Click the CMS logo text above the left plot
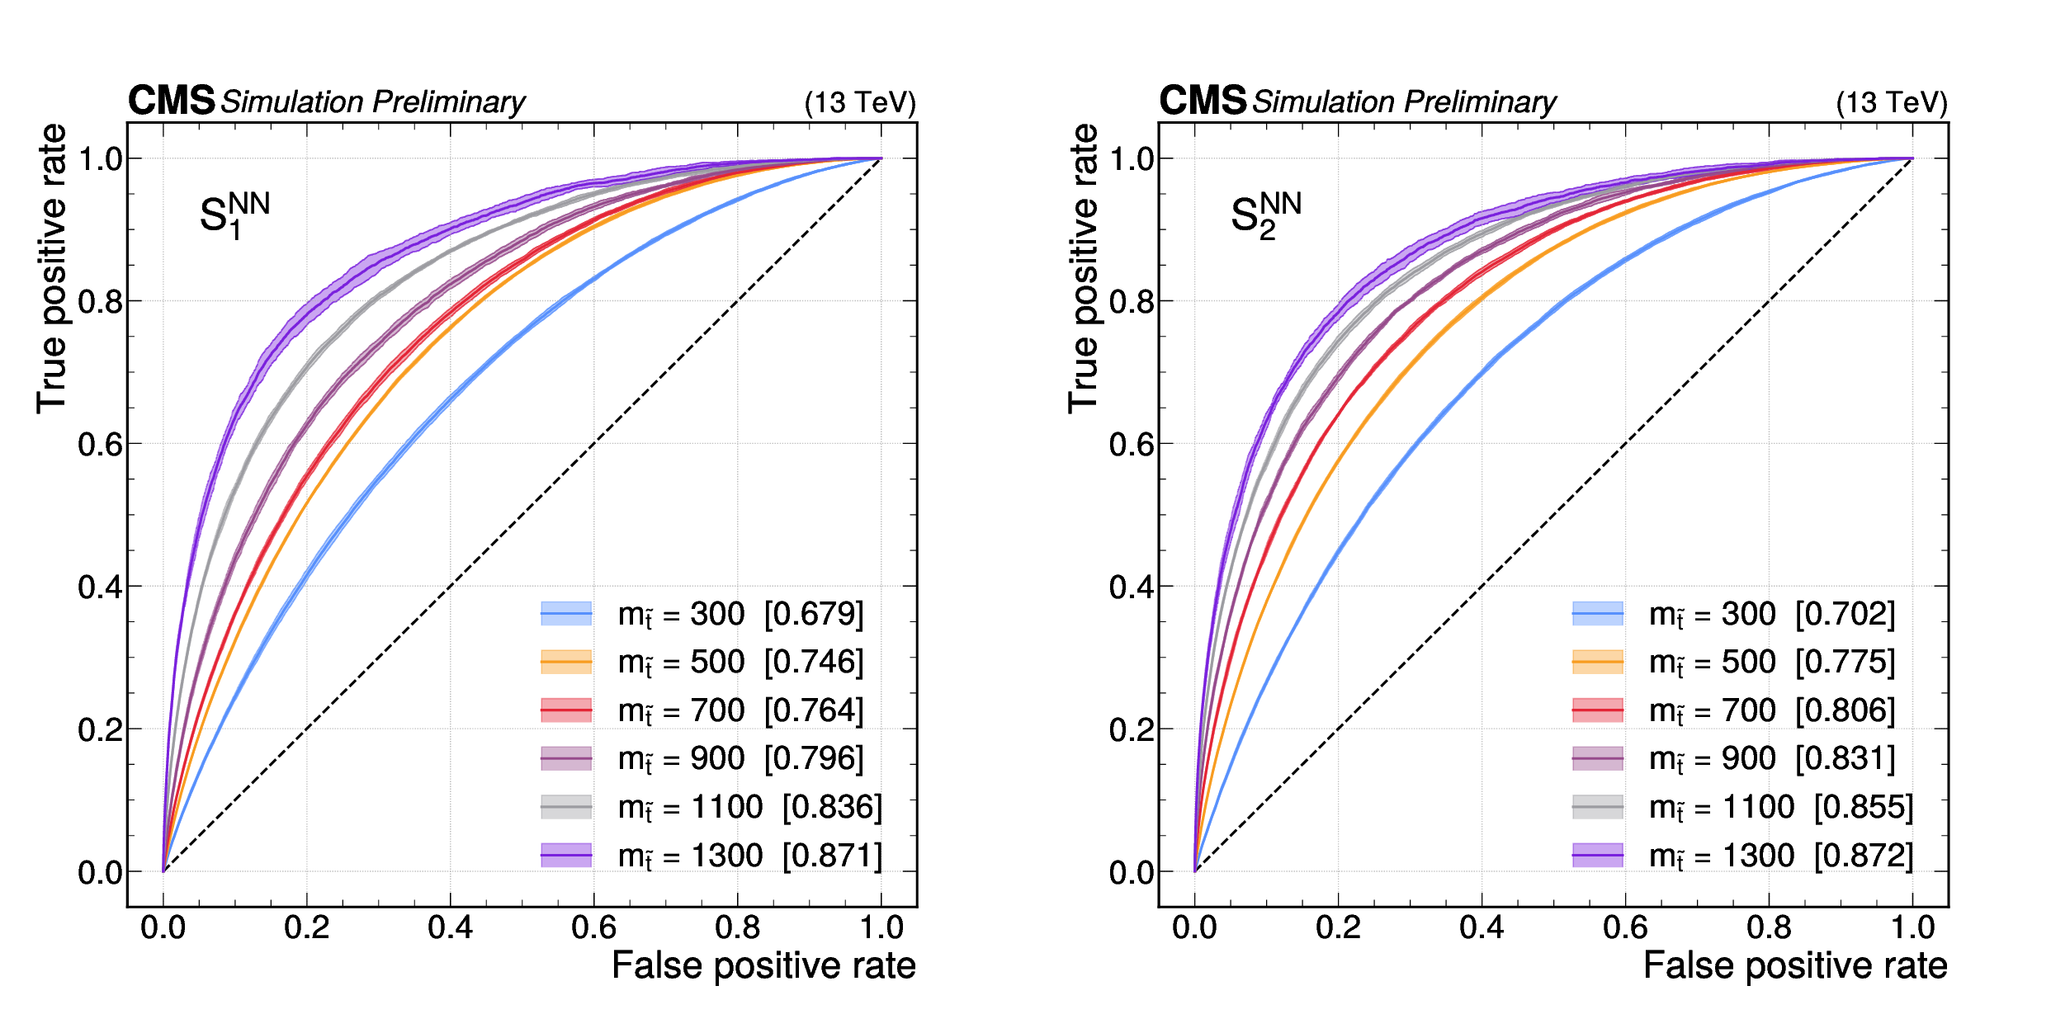(x=171, y=101)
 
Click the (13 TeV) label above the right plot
(x=1891, y=102)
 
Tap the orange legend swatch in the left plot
(x=566, y=662)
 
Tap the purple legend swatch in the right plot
(x=1598, y=856)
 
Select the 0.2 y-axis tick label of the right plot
(x=1131, y=730)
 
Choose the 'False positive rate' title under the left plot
(x=763, y=965)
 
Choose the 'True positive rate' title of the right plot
(x=1084, y=268)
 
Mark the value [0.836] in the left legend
(x=832, y=807)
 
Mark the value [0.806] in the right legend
(x=1845, y=710)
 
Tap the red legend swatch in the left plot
(x=566, y=710)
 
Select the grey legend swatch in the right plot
(x=1598, y=807)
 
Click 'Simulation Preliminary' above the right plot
(x=1404, y=102)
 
